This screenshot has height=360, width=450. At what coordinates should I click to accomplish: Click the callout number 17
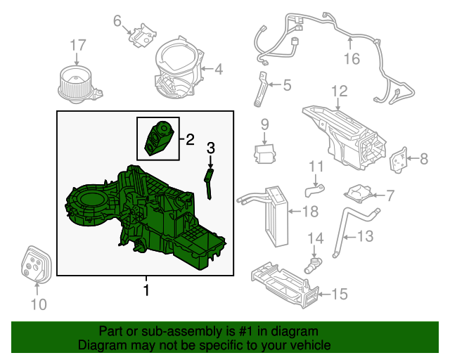click(77, 46)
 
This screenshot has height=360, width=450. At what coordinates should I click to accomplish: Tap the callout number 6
click(117, 21)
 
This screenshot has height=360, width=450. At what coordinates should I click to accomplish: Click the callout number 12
click(340, 91)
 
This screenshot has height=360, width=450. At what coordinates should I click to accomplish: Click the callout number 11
click(316, 167)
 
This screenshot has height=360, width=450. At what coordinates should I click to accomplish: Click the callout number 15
click(339, 294)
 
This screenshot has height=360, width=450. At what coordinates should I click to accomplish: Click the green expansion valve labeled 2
click(157, 137)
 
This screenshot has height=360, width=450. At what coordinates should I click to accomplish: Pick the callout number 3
click(210, 148)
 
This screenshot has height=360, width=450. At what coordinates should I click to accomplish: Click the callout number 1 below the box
click(146, 289)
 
